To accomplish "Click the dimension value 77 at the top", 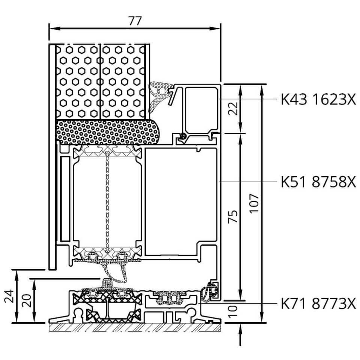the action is (135, 21).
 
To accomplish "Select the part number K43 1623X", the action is (318, 99).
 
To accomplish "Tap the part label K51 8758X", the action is (318, 181).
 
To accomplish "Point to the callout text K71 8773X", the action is (318, 303).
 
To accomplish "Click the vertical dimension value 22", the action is (234, 108).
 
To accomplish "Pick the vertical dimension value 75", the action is (233, 216).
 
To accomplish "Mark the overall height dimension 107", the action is (254, 203).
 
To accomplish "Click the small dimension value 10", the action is (233, 311).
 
